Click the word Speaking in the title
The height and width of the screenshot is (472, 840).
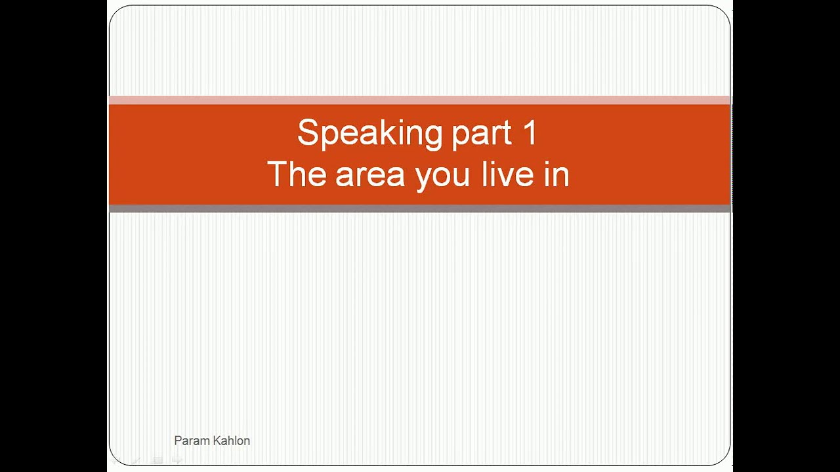(x=370, y=133)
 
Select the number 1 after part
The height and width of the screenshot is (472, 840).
(x=530, y=132)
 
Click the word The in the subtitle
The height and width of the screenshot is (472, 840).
(x=296, y=174)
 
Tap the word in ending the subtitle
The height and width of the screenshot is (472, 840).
(x=556, y=174)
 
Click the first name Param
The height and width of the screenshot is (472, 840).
(x=190, y=441)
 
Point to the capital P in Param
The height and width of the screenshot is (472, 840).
(x=178, y=441)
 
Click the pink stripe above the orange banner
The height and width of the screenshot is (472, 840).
(x=420, y=100)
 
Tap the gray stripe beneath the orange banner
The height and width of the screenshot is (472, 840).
(x=420, y=208)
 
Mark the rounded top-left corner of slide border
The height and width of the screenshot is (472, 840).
(x=115, y=12)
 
